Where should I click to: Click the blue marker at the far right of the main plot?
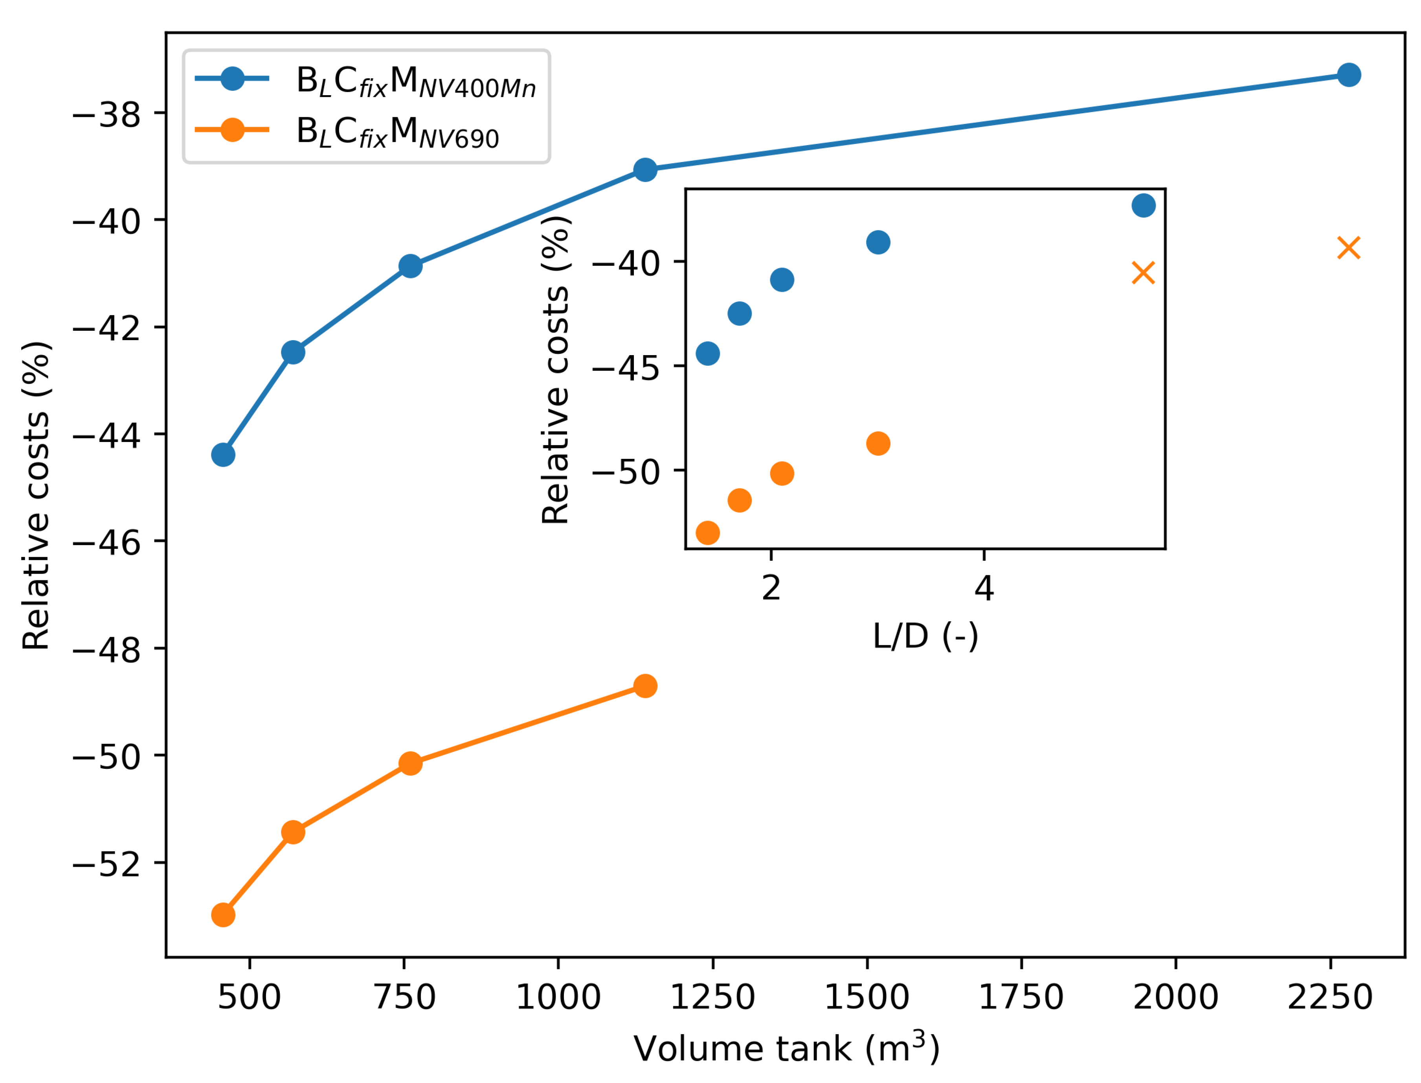(x=1348, y=75)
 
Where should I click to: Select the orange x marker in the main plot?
(x=1348, y=247)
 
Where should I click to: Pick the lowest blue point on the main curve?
(x=223, y=455)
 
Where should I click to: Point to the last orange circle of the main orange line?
(x=645, y=686)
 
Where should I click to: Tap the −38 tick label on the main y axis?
(x=106, y=115)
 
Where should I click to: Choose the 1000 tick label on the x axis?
(x=558, y=998)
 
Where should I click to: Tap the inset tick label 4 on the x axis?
(x=984, y=588)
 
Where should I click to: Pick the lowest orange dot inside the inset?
(x=707, y=532)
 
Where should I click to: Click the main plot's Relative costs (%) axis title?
(x=36, y=495)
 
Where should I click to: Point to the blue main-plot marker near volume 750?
(x=410, y=266)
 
